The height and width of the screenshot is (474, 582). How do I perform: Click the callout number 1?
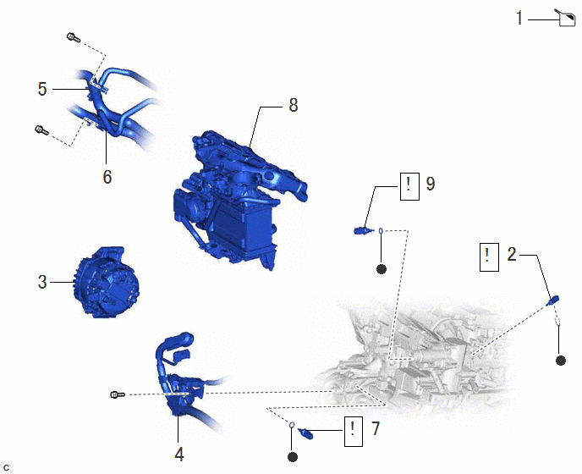pyautogui.click(x=519, y=19)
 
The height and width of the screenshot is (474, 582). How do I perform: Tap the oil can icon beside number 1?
pyautogui.click(x=565, y=19)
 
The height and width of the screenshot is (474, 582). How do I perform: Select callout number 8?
pyautogui.click(x=294, y=105)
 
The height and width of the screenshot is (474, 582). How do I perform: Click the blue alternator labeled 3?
pyautogui.click(x=106, y=282)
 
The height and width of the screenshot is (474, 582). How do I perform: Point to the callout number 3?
pyautogui.click(x=42, y=283)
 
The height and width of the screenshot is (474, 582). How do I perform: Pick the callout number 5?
pyautogui.click(x=42, y=89)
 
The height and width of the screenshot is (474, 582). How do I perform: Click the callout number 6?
pyautogui.click(x=107, y=177)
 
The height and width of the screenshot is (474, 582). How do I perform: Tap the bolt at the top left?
pyautogui.click(x=73, y=37)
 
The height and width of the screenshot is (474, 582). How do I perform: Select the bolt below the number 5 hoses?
pyautogui.click(x=41, y=130)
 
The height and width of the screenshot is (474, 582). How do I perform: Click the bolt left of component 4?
pyautogui.click(x=118, y=394)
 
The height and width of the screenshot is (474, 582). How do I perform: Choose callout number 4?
pyautogui.click(x=179, y=455)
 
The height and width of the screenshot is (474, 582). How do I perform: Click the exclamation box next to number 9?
pyautogui.click(x=409, y=186)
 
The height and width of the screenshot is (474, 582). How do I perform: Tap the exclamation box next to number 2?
pyautogui.click(x=489, y=257)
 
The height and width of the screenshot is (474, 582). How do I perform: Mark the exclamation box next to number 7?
pyautogui.click(x=354, y=432)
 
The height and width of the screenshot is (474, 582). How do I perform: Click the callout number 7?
pyautogui.click(x=376, y=428)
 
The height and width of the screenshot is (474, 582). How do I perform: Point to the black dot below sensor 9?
pyautogui.click(x=382, y=269)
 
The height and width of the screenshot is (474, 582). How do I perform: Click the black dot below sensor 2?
pyautogui.click(x=561, y=361)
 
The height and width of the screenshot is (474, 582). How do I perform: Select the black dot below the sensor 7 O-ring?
pyautogui.click(x=293, y=457)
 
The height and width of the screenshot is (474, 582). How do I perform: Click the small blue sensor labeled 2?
pyautogui.click(x=553, y=300)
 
